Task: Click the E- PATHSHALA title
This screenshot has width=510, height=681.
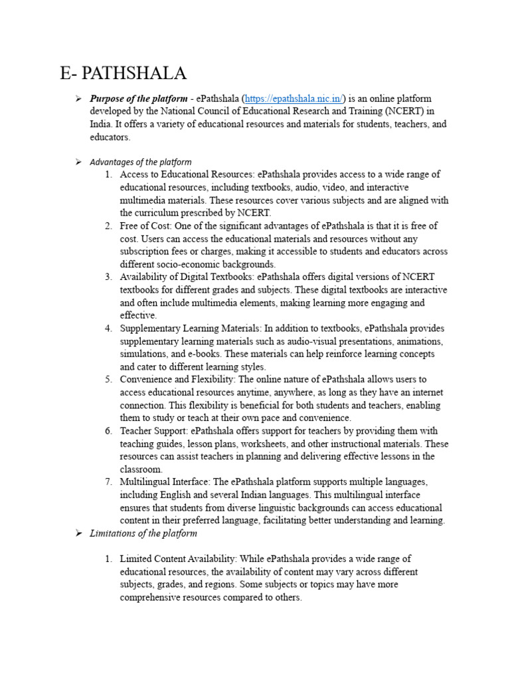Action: tap(123, 72)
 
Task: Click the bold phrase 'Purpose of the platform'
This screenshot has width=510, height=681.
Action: tap(138, 98)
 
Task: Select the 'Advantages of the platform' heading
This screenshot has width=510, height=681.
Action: tap(141, 162)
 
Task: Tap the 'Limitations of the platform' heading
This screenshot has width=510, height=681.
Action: tap(143, 533)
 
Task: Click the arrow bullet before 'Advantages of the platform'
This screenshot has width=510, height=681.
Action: tap(78, 162)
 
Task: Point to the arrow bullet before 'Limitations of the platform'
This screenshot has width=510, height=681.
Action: tap(78, 533)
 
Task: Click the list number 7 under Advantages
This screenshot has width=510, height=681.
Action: tap(108, 482)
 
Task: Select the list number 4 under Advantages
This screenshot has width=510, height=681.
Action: tap(108, 329)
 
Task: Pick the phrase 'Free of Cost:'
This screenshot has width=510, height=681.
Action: tap(146, 226)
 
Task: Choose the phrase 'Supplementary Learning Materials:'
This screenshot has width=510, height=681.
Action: tap(191, 329)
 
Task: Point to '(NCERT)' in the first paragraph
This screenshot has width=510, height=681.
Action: tap(402, 111)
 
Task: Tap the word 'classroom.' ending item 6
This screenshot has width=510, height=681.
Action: tap(141, 469)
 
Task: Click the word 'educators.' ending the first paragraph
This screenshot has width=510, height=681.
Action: tap(110, 137)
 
